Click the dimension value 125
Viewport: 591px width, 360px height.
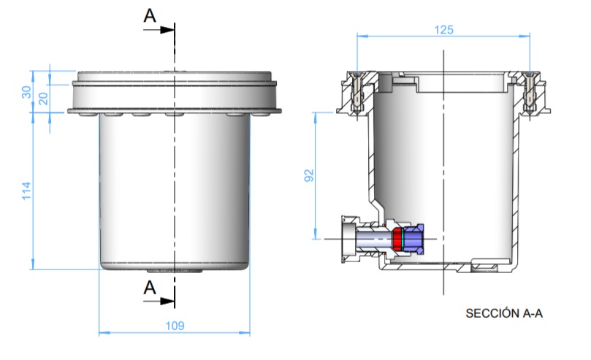(443, 30)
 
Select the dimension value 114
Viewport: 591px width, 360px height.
(27, 191)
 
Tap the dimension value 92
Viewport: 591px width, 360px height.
(309, 175)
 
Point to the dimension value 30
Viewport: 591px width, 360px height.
(27, 91)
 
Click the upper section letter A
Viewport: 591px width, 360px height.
(150, 17)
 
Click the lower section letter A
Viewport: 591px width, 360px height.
(150, 287)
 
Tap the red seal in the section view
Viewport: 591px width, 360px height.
(398, 238)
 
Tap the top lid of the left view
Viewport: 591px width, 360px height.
(175, 75)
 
